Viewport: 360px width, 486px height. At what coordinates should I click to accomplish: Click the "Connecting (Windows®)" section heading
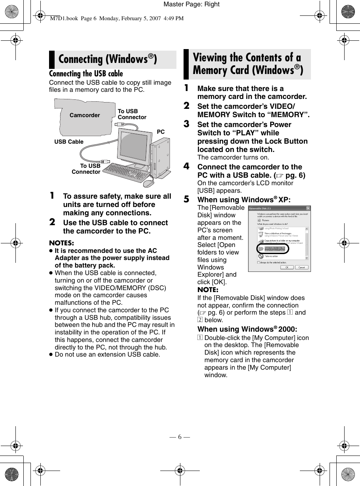pos(108,59)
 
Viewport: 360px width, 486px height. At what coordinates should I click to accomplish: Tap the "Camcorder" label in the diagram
pos(85,115)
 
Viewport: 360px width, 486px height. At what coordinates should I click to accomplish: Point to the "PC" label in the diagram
pos(161,131)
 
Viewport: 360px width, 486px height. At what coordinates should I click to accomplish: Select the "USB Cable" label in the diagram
pos(69,142)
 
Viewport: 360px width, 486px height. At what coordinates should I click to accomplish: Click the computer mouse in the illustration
pos(148,183)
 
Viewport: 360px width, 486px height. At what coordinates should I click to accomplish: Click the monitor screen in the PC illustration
pos(134,146)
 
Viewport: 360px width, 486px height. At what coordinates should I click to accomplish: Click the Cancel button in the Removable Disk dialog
pos(301,268)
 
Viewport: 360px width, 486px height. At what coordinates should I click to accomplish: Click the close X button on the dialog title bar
pos(308,208)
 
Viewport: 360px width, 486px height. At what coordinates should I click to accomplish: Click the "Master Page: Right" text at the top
pos(191,4)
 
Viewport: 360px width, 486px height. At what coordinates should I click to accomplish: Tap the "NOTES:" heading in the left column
pos(61,243)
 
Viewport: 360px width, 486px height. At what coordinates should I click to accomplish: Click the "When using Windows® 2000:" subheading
pos(247,329)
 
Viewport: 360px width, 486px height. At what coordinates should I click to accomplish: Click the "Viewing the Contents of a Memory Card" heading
pos(248,64)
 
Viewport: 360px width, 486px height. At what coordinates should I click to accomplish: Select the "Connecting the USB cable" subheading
pos(86,74)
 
